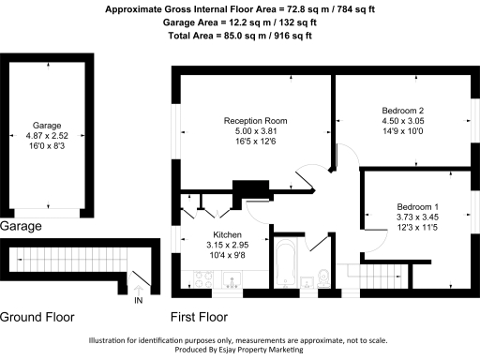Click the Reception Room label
[x=255, y=121]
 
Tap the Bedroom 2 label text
[x=403, y=111]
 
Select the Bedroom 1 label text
[x=417, y=206]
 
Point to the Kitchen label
[x=227, y=234]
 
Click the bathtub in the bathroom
[x=286, y=263]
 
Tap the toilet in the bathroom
[x=323, y=278]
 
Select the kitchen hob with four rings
[x=203, y=279]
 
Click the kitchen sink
[x=232, y=279]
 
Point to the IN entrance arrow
[x=139, y=291]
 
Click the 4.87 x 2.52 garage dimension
[x=47, y=136]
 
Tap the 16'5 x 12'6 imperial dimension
[x=256, y=142]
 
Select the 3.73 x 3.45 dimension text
[x=417, y=217]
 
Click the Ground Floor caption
[x=37, y=317]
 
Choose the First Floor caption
[x=199, y=317]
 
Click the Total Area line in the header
[x=240, y=36]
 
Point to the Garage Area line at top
[x=240, y=22]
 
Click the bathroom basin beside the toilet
[x=307, y=282]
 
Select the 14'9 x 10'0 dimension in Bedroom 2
[x=403, y=131]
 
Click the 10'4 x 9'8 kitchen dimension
[x=227, y=255]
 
